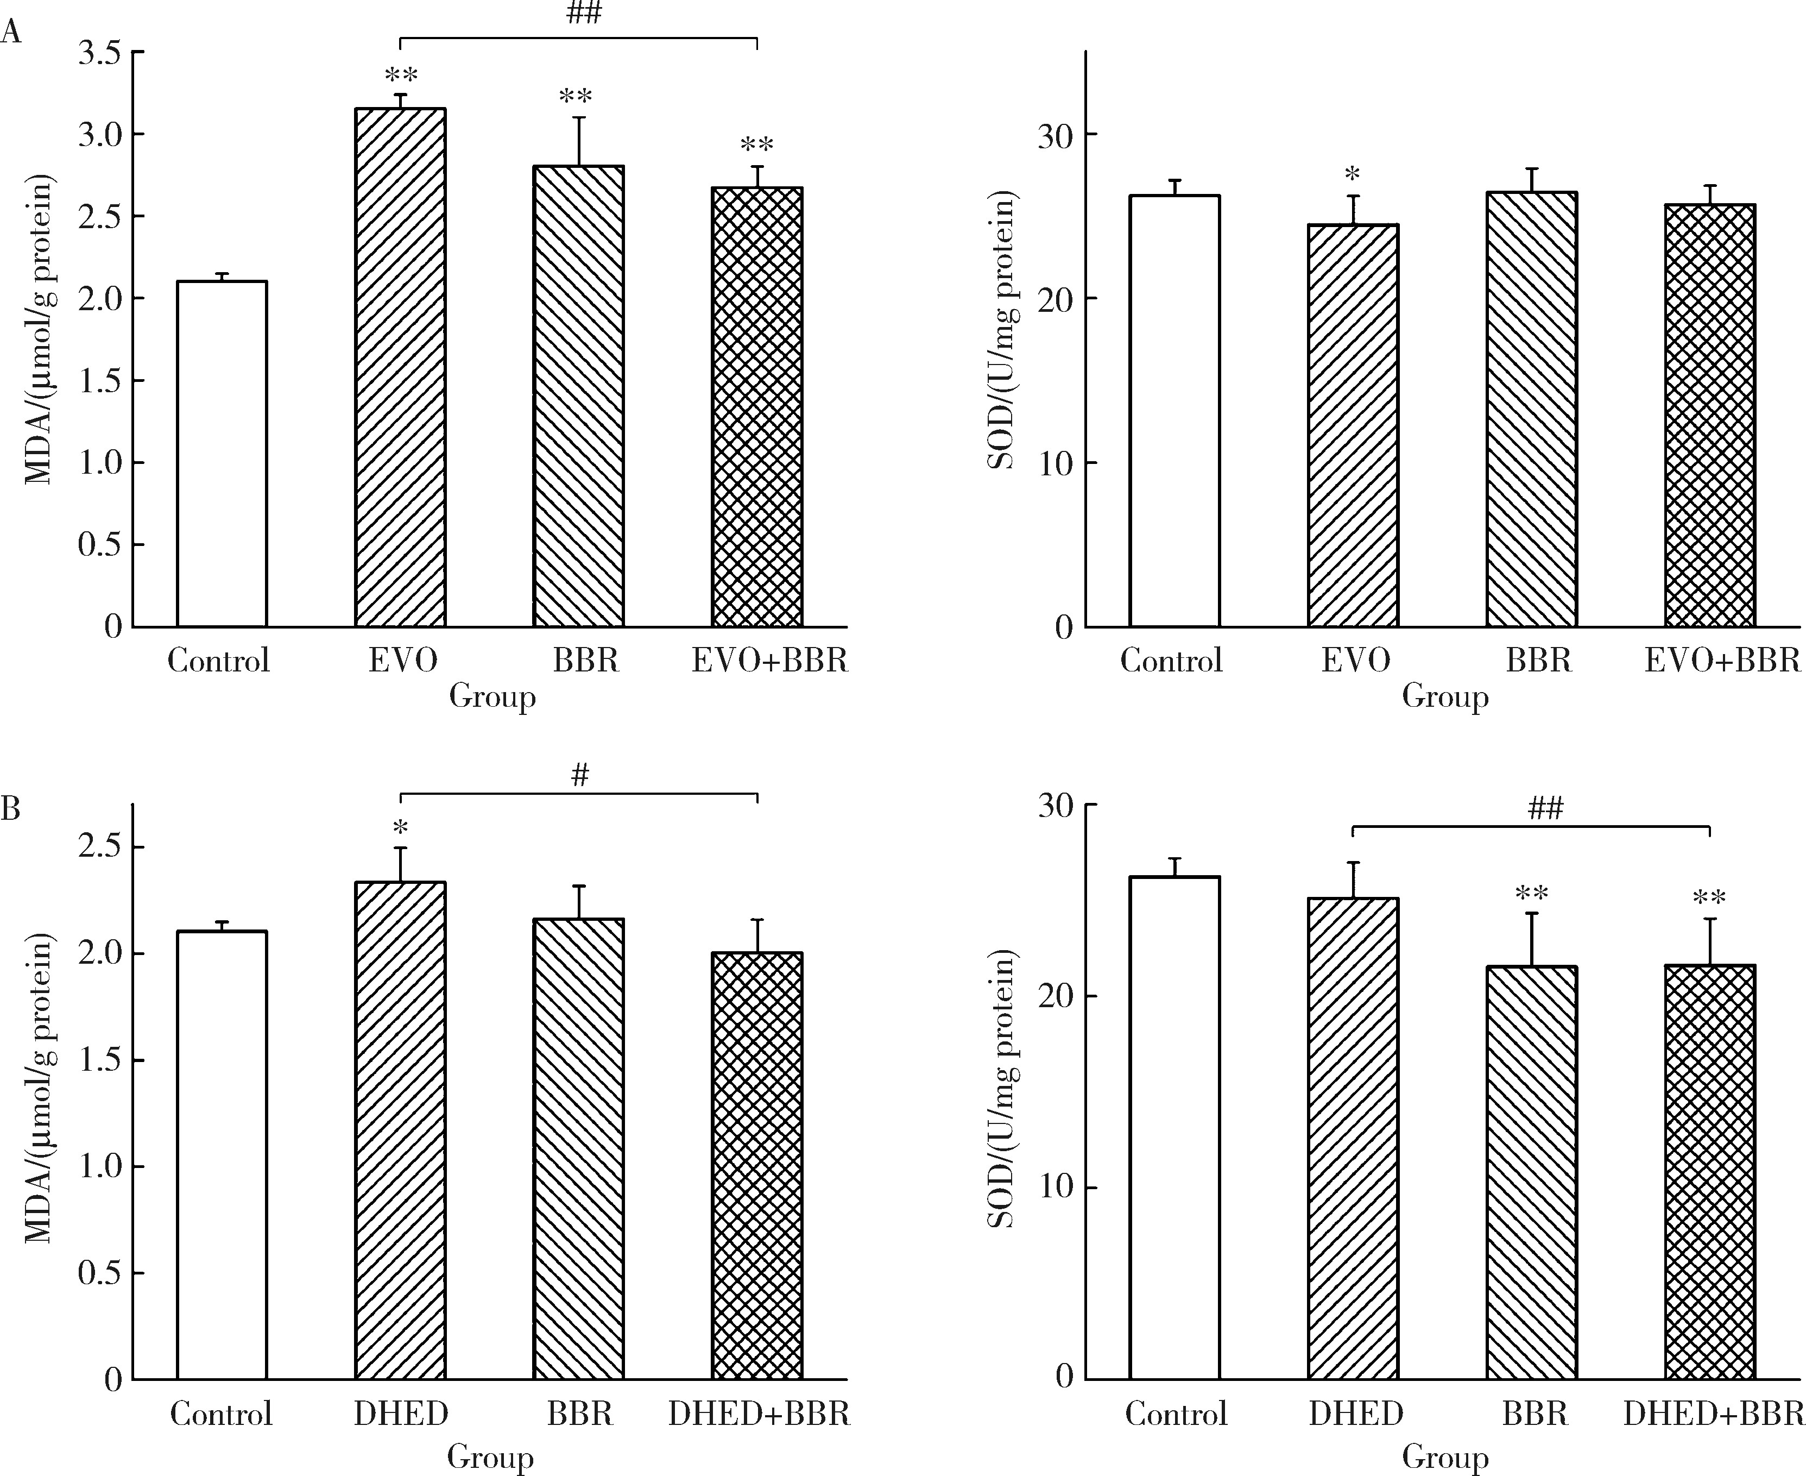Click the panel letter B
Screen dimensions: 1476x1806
pyautogui.click(x=10, y=808)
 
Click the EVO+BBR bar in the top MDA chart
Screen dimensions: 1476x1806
pyautogui.click(x=756, y=407)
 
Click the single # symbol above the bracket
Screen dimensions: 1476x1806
pyautogui.click(x=579, y=775)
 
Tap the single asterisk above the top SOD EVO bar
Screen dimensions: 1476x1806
pyautogui.click(x=1352, y=175)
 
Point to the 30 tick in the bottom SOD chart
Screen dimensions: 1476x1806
pyautogui.click(x=1056, y=805)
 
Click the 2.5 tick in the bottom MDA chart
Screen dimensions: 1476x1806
pyautogui.click(x=99, y=847)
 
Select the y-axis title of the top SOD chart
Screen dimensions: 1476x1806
pyautogui.click(x=1003, y=331)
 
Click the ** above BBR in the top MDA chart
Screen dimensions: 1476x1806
pyautogui.click(x=576, y=97)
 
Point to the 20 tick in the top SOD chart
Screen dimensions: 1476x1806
pyautogui.click(x=1056, y=298)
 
